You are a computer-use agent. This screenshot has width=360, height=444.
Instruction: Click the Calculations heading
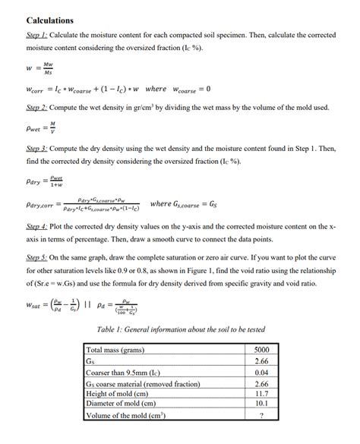pyautogui.click(x=50, y=20)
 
